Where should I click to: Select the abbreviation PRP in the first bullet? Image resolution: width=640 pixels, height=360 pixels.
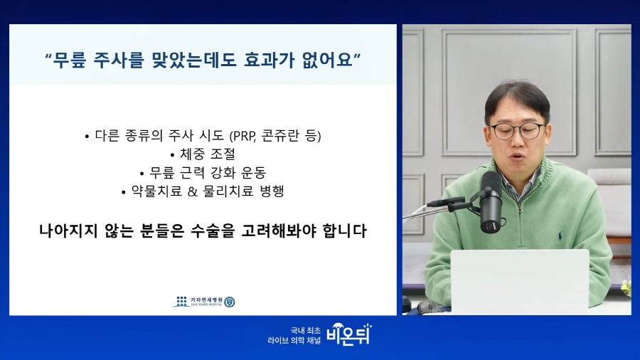click(x=244, y=136)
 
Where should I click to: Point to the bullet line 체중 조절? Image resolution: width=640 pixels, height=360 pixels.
click(x=203, y=154)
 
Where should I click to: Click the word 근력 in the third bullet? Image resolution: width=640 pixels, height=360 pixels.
click(x=192, y=173)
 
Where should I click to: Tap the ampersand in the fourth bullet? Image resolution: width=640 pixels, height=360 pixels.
click(x=193, y=191)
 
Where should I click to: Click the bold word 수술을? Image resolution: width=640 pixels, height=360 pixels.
click(x=213, y=231)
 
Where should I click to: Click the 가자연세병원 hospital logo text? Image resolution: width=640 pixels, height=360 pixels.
click(x=206, y=300)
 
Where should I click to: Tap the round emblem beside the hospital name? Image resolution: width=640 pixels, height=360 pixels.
click(x=230, y=302)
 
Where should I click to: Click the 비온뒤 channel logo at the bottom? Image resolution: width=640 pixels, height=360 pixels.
click(x=349, y=334)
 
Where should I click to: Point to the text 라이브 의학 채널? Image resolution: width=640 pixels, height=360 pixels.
click(x=294, y=340)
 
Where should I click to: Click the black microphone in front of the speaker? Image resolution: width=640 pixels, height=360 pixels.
click(x=490, y=201)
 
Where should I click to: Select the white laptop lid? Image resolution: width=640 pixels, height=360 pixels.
click(x=520, y=282)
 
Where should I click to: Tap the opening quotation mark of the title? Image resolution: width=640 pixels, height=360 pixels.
click(x=48, y=56)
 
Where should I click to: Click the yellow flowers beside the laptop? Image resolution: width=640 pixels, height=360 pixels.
click(x=626, y=287)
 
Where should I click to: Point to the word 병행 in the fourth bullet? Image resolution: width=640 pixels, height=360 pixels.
click(x=272, y=191)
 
